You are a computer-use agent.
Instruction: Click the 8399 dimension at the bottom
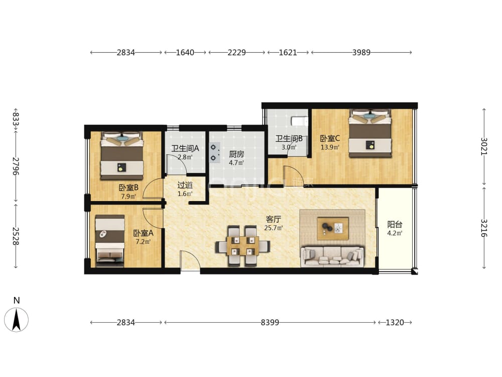pyautogui.click(x=270, y=322)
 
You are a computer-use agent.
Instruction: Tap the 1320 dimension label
pyautogui.click(x=395, y=322)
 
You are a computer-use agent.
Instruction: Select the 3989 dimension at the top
pyautogui.click(x=361, y=52)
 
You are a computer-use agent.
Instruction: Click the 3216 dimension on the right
pyautogui.click(x=484, y=228)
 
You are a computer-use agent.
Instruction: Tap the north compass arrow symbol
pyautogui.click(x=17, y=320)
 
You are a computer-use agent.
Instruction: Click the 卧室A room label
pyautogui.click(x=143, y=233)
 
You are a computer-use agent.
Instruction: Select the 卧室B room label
pyautogui.click(x=129, y=187)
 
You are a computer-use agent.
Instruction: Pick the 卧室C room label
pyautogui.click(x=330, y=139)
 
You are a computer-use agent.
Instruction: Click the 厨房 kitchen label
pyautogui.click(x=236, y=154)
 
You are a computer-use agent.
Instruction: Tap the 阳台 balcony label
pyautogui.click(x=395, y=224)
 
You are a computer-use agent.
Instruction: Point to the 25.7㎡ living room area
pyautogui.click(x=274, y=228)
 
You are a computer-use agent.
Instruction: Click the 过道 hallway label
pyautogui.click(x=185, y=185)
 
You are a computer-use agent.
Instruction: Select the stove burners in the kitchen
pyautogui.click(x=214, y=153)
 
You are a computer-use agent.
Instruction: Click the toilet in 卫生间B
pyautogui.click(x=299, y=121)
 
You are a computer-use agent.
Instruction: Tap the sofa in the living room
pyautogui.click(x=333, y=256)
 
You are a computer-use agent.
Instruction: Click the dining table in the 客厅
pyautogui.click(x=242, y=246)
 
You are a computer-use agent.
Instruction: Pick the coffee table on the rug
pyautogui.click(x=333, y=228)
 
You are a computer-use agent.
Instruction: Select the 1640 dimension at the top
pyautogui.click(x=185, y=52)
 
